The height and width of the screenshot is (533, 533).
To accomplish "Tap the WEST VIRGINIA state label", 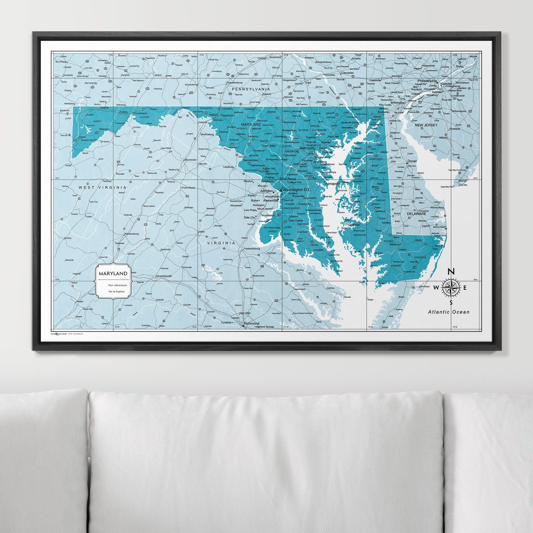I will (102, 187).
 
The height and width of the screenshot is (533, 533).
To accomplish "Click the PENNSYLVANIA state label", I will (251, 89).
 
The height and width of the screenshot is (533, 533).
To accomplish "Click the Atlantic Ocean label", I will (449, 312).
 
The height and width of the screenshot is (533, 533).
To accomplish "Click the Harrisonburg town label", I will (131, 234).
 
